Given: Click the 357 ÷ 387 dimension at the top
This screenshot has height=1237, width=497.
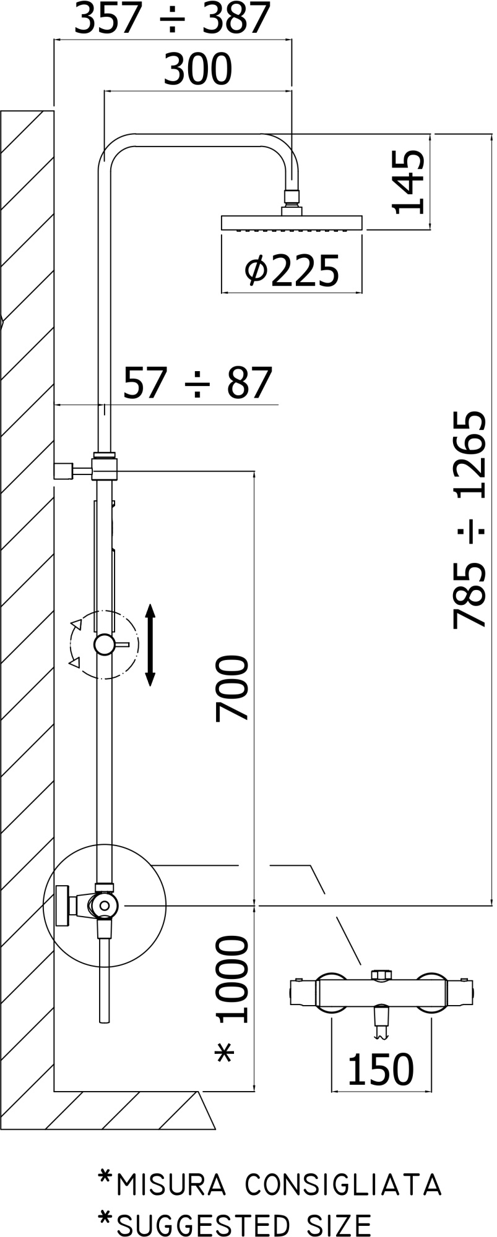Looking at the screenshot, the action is pyautogui.click(x=173, y=18).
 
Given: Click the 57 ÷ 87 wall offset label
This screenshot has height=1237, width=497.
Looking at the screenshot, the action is pyautogui.click(x=198, y=383).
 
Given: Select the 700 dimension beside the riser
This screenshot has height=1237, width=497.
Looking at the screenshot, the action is pyautogui.click(x=232, y=688).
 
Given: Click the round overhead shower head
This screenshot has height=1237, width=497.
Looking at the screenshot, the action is pyautogui.click(x=292, y=223).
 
